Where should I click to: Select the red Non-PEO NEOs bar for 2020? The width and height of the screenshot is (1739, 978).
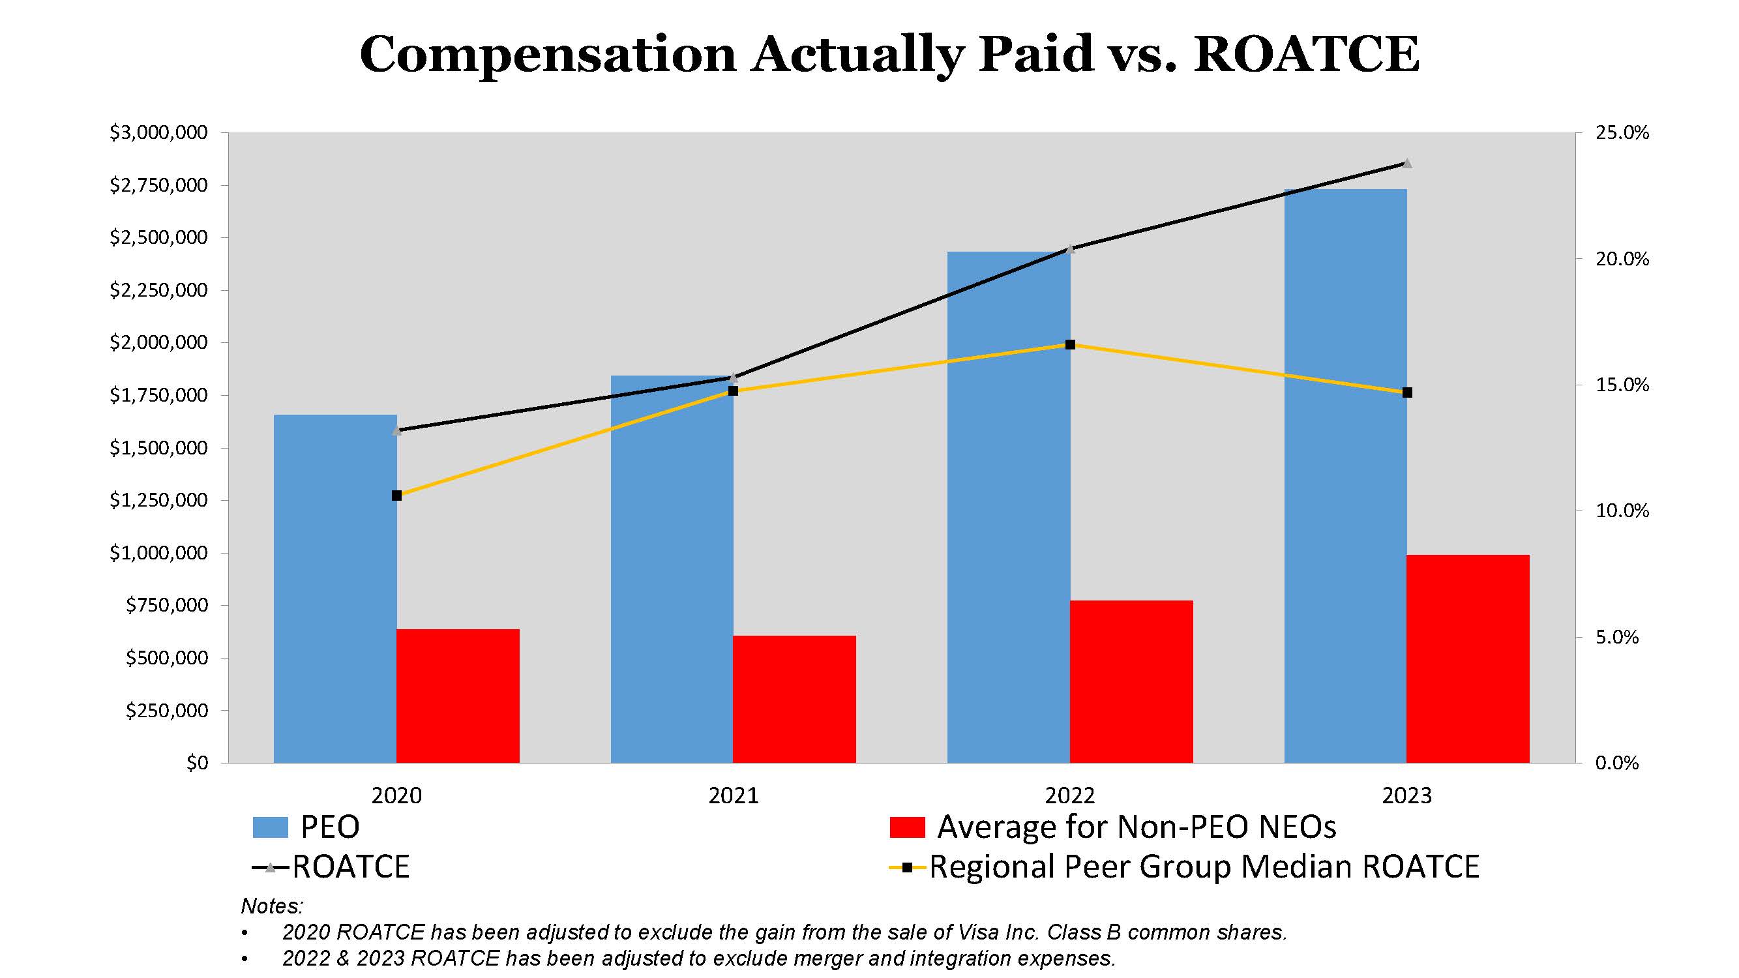[458, 695]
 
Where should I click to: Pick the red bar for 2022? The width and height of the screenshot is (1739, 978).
[1131, 681]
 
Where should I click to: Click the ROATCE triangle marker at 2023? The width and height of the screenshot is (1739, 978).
[1407, 164]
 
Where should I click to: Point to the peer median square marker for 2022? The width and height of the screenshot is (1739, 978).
[1070, 345]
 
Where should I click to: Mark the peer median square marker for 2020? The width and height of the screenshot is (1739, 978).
[396, 496]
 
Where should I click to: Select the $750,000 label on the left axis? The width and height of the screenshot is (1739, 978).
[167, 606]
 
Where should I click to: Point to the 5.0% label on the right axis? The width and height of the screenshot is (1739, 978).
[1616, 637]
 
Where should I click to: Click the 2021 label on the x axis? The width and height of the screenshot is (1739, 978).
[733, 795]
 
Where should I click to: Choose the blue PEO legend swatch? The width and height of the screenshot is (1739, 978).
[270, 827]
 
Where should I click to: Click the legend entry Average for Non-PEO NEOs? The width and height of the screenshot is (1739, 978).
[1136, 827]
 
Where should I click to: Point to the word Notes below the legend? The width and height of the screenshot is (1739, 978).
[271, 906]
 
